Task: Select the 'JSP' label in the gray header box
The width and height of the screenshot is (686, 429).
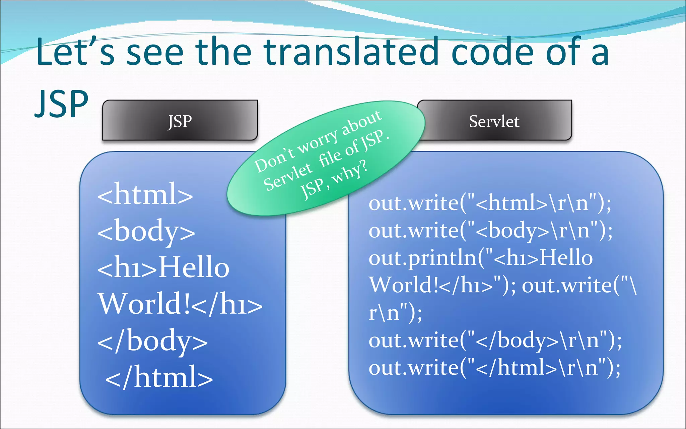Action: pyautogui.click(x=180, y=121)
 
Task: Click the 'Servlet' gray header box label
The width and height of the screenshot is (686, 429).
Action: pyautogui.click(x=494, y=121)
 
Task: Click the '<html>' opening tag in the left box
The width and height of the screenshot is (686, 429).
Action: pyautogui.click(x=145, y=194)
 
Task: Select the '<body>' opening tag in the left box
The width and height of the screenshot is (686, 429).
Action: pyautogui.click(x=146, y=231)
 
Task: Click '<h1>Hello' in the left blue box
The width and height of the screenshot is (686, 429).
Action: pyautogui.click(x=163, y=267)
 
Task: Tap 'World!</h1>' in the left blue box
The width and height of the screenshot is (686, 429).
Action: pyautogui.click(x=180, y=304)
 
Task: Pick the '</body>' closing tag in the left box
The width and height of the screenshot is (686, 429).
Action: pyautogui.click(x=152, y=341)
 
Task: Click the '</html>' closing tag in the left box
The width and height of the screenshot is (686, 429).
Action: pyautogui.click(x=159, y=377)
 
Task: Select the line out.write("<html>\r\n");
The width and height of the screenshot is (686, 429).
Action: pyautogui.click(x=490, y=203)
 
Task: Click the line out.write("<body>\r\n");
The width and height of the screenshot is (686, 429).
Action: pyautogui.click(x=490, y=231)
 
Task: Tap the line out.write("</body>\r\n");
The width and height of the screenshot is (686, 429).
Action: pyautogui.click(x=495, y=340)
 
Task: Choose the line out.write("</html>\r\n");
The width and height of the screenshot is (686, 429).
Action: pyautogui.click(x=494, y=367)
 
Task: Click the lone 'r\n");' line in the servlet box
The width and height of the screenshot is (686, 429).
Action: pyautogui.click(x=395, y=313)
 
